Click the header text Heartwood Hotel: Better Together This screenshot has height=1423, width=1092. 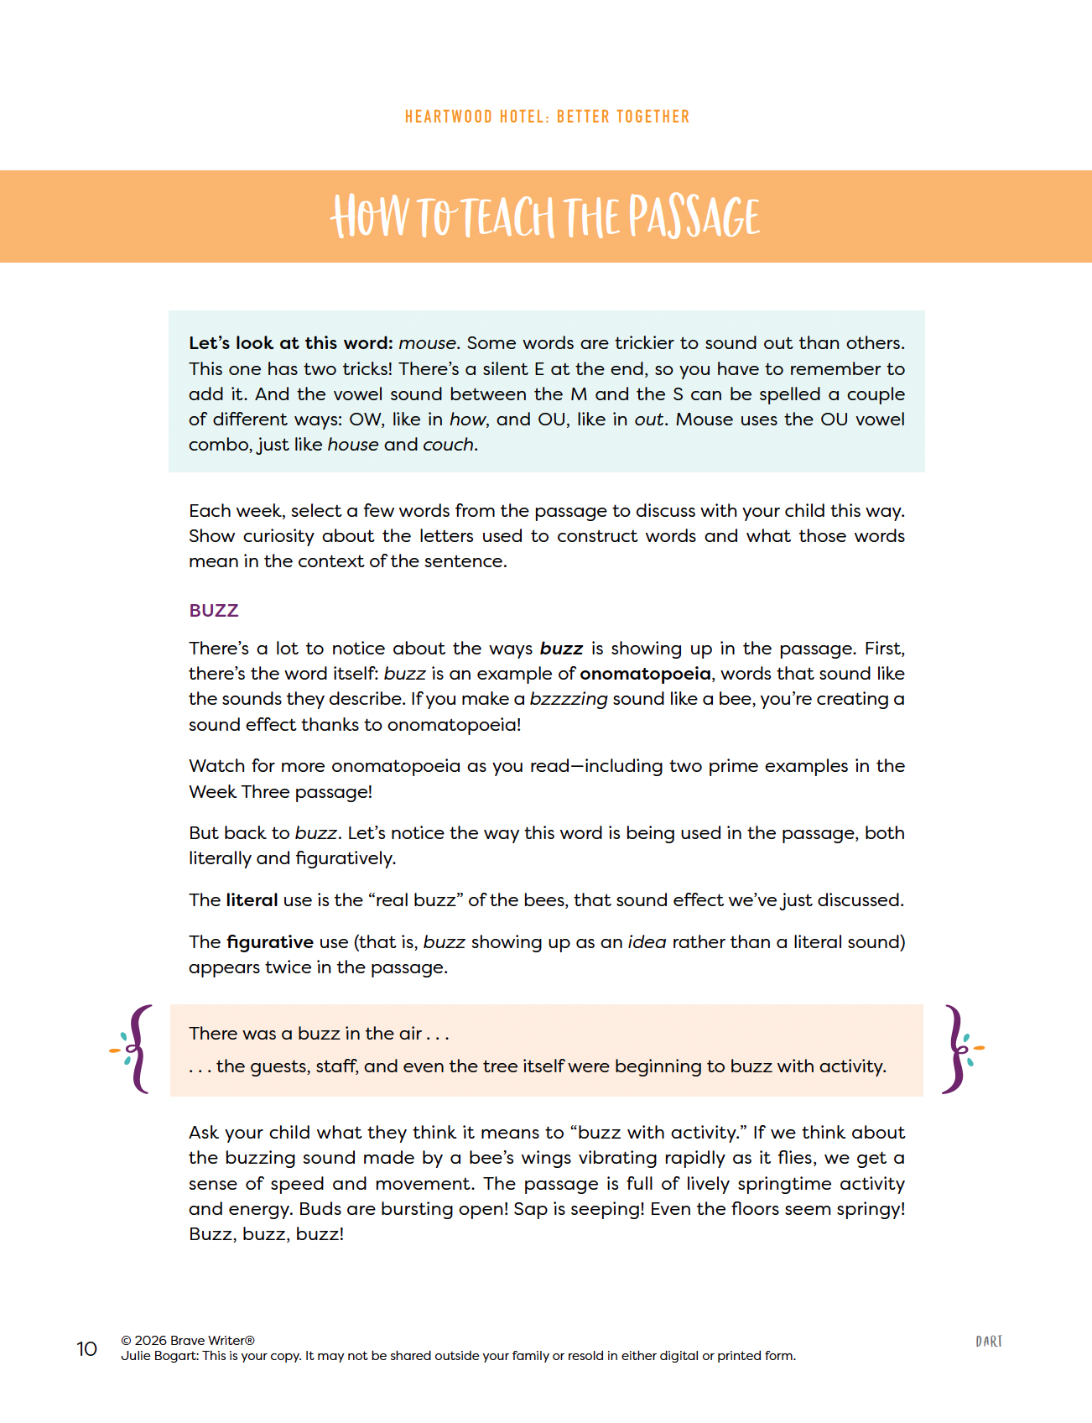click(x=547, y=117)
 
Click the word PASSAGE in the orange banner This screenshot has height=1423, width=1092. click(x=694, y=217)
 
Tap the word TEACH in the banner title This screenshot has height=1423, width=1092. click(x=508, y=217)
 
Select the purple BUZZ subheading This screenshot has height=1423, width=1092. click(x=214, y=611)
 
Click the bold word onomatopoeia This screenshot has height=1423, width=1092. click(x=645, y=674)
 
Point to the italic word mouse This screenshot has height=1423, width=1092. click(x=428, y=343)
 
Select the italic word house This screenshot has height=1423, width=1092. click(x=352, y=445)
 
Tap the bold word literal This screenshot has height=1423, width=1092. click(x=252, y=900)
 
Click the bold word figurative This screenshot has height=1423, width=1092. click(x=270, y=942)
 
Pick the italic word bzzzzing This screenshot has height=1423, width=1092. click(x=569, y=699)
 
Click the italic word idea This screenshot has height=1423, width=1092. click(x=647, y=942)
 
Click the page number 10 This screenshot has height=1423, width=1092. click(x=87, y=1348)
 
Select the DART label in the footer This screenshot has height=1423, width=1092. click(x=989, y=1342)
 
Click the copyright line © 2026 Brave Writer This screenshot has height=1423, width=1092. click(x=188, y=1341)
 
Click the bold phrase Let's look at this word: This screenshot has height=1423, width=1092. click(x=290, y=343)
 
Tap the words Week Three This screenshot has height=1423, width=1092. click(x=238, y=792)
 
